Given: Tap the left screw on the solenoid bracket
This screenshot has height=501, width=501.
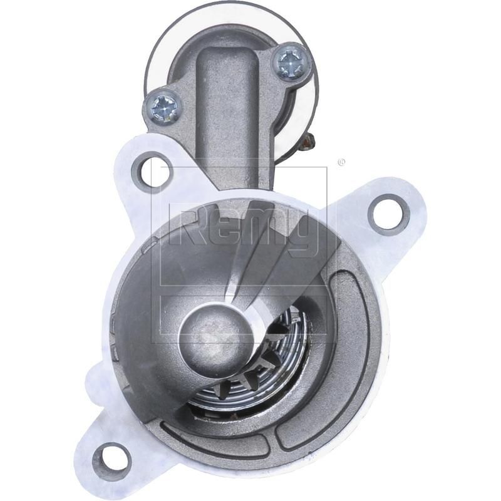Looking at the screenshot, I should (162, 108).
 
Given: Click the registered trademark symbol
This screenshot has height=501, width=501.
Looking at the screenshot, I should (341, 162).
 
